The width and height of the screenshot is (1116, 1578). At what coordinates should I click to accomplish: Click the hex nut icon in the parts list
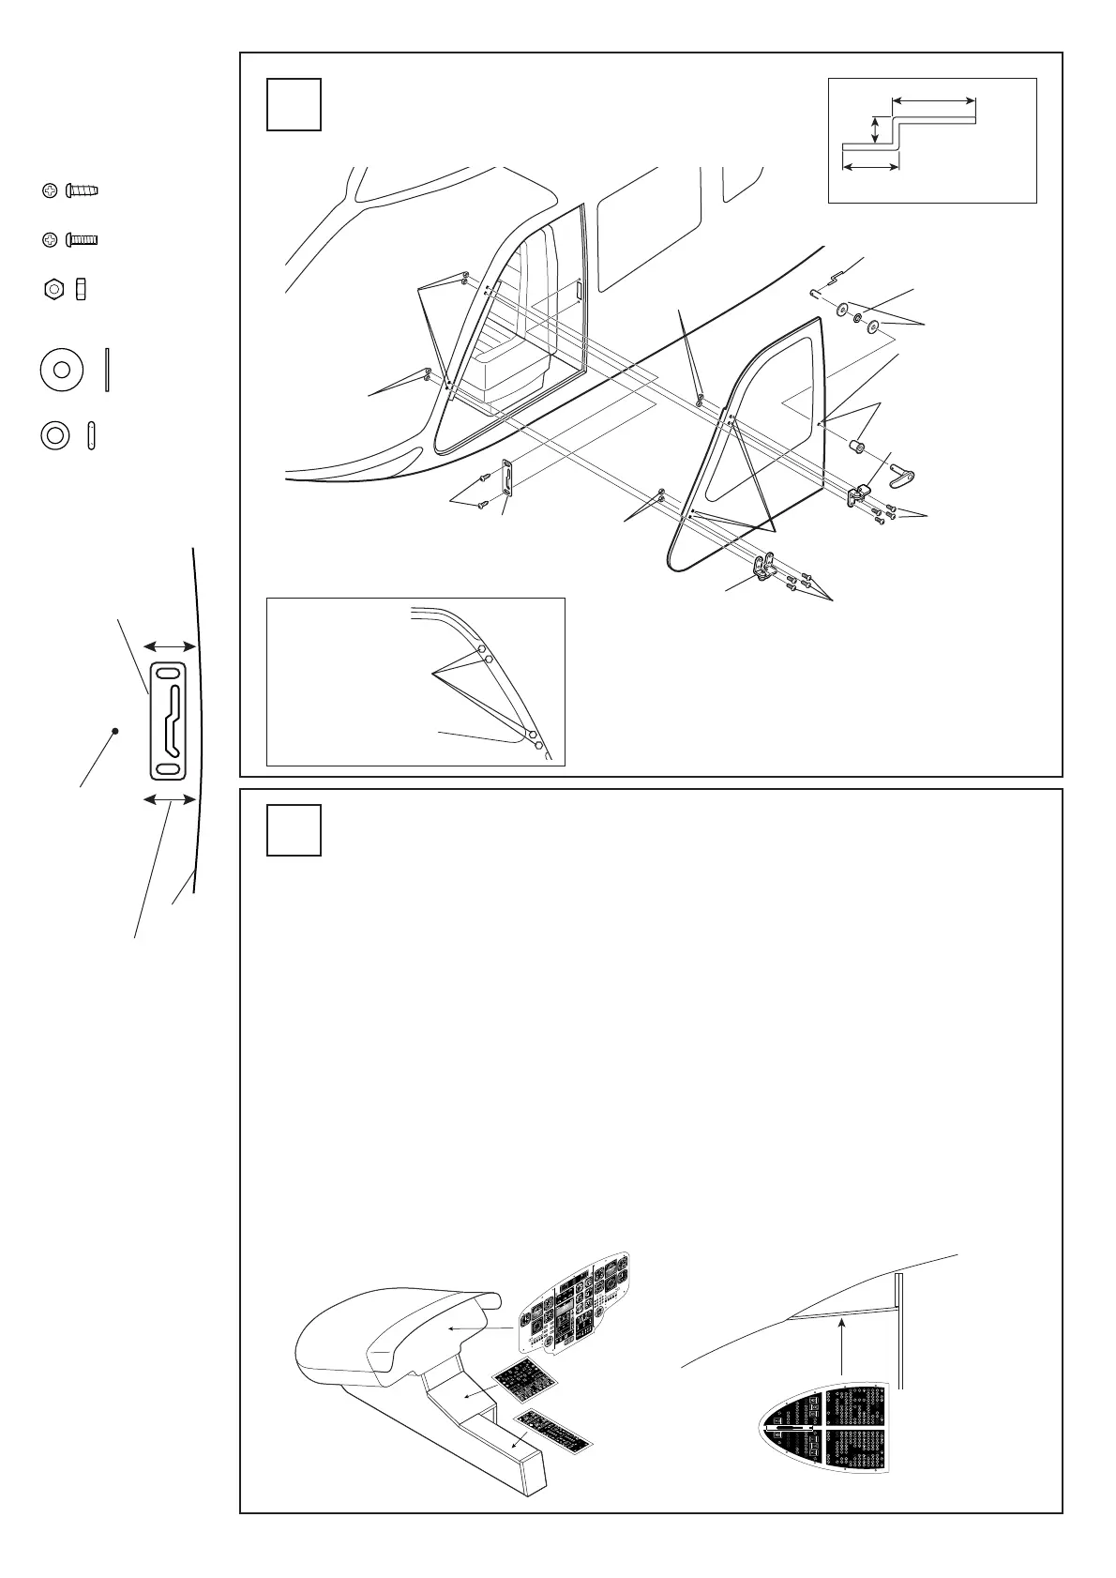(53, 288)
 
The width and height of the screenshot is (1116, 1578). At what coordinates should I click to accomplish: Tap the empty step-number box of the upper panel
(294, 103)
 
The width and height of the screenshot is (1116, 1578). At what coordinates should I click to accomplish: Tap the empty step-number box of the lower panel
(294, 829)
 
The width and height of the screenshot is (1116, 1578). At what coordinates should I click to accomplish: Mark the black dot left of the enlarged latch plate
(114, 731)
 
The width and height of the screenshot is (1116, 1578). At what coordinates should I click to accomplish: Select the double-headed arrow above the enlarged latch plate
(169, 646)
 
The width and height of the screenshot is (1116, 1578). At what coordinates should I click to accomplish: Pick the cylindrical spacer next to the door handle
(855, 442)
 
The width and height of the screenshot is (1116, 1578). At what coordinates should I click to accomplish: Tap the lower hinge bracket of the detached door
(764, 566)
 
